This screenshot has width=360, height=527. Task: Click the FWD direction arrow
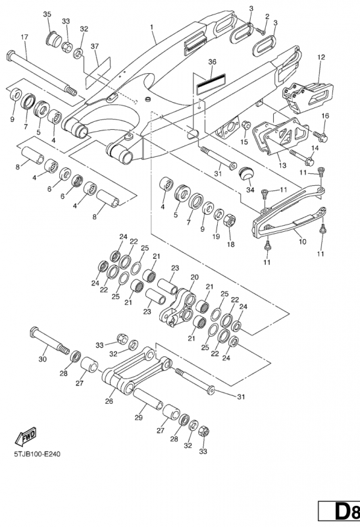[x=25, y=437]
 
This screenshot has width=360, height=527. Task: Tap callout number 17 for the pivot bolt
[x=24, y=37]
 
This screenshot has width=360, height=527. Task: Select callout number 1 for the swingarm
[x=152, y=26]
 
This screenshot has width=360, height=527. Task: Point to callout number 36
[x=212, y=62]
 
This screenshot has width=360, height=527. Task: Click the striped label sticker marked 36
[x=211, y=84]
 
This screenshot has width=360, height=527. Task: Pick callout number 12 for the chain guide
[x=321, y=57]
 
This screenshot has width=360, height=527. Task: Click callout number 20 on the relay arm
[x=194, y=277]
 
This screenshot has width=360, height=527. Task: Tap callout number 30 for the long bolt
[x=43, y=359]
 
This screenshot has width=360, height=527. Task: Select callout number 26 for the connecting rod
[x=109, y=401]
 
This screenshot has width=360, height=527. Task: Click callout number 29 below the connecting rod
[x=138, y=418]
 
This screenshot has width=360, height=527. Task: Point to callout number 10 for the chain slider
[x=302, y=241]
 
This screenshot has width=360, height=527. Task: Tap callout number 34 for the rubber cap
[x=250, y=190]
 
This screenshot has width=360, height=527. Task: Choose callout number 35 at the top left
[x=47, y=14]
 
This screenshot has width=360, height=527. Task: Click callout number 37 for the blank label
[x=95, y=46]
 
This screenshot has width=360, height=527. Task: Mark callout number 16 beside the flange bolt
[x=325, y=116]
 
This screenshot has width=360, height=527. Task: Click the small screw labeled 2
[x=261, y=31]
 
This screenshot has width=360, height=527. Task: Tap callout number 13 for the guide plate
[x=282, y=165]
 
